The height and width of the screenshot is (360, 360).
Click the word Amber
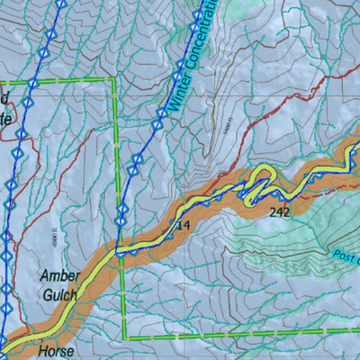click(x=59, y=275)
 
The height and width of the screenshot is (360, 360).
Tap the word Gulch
click(x=58, y=294)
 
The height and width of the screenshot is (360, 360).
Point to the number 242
click(x=279, y=213)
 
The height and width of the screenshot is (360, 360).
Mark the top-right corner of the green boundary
click(x=115, y=79)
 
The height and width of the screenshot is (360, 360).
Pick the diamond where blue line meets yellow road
click(x=118, y=253)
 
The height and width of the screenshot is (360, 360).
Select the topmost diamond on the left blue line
click(x=61, y=4)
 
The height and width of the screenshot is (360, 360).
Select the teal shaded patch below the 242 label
click(x=270, y=243)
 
